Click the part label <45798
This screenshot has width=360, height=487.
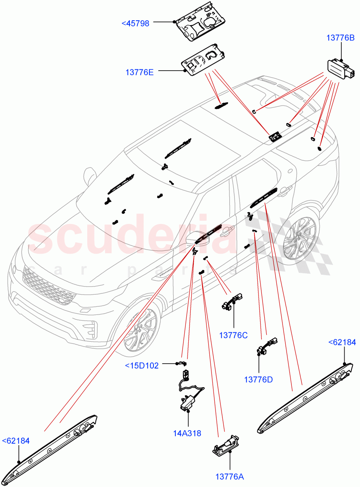click(136, 24)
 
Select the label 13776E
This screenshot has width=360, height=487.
click(139, 73)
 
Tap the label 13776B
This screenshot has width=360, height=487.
click(341, 38)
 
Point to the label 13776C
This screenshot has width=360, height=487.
click(233, 335)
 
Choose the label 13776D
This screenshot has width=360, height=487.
click(258, 379)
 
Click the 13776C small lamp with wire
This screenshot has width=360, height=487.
click(231, 303)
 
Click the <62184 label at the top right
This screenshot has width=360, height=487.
click(342, 343)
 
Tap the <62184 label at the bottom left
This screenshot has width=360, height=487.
click(16, 441)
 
